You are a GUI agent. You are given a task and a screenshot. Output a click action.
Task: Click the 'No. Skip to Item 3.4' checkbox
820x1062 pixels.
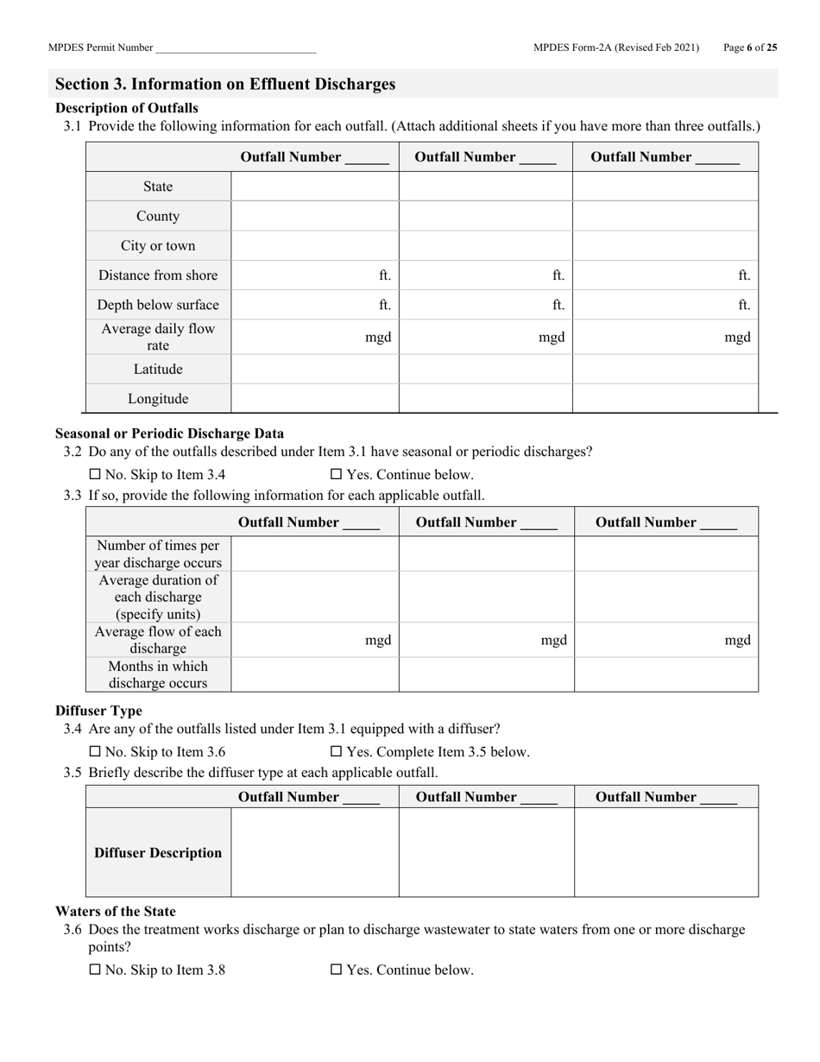pyautogui.click(x=95, y=475)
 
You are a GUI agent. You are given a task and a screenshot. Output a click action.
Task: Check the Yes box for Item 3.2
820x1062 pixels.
pyautogui.click(x=337, y=475)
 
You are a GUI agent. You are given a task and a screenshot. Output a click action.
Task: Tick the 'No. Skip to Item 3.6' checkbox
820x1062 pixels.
pyautogui.click(x=95, y=752)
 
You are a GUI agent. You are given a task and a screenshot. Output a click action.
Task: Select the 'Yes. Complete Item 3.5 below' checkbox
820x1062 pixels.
pyautogui.click(x=337, y=752)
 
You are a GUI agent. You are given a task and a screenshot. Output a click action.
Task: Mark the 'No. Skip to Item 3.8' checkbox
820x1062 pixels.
pyautogui.click(x=95, y=970)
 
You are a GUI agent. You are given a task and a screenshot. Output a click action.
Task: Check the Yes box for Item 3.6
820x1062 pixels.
pyautogui.click(x=337, y=970)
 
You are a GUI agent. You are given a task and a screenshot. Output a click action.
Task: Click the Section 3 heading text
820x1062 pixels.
pyautogui.click(x=225, y=84)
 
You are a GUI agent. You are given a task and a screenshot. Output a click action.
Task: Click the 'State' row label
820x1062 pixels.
pyautogui.click(x=158, y=186)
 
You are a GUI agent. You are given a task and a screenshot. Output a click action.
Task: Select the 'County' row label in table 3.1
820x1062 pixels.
pyautogui.click(x=158, y=216)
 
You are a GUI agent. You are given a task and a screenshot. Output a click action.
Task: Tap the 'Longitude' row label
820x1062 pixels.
pyautogui.click(x=158, y=399)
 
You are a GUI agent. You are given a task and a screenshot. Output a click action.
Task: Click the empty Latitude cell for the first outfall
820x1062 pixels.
pyautogui.click(x=314, y=370)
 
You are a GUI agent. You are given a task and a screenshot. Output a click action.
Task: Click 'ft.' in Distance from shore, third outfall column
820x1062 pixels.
pyautogui.click(x=744, y=275)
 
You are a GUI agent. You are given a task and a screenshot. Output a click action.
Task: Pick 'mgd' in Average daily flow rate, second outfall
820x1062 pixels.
pyautogui.click(x=552, y=338)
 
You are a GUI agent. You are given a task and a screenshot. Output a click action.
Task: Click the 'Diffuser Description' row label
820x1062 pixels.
pyautogui.click(x=158, y=853)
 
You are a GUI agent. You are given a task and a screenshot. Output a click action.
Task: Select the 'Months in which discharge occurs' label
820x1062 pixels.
pyautogui.click(x=158, y=674)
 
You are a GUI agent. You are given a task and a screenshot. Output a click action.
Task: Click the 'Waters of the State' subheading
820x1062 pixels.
pyautogui.click(x=115, y=911)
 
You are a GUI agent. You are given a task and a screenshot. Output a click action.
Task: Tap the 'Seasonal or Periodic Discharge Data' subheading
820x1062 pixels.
pyautogui.click(x=169, y=433)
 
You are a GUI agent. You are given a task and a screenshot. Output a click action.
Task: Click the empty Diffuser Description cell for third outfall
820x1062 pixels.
pyautogui.click(x=666, y=853)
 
